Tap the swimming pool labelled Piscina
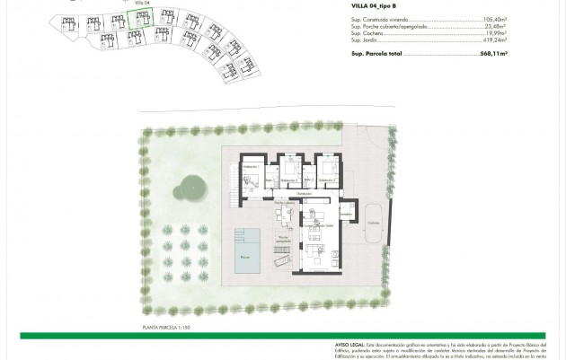coord(245,252)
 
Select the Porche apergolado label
coord(283,240)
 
